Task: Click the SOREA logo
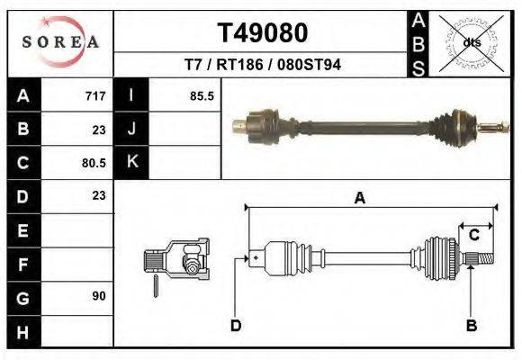tap(60, 42)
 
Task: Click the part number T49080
tap(263, 33)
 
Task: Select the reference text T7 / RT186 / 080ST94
tap(263, 65)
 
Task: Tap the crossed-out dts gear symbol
tap(471, 42)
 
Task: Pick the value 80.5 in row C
tap(94, 163)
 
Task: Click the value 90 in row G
tap(98, 296)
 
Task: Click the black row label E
tap(23, 229)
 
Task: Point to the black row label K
tap(131, 163)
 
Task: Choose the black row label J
tap(131, 129)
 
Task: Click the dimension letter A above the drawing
tap(360, 199)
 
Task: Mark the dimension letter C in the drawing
tap(473, 235)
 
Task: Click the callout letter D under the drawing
tap(236, 326)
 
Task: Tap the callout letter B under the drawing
tap(470, 326)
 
